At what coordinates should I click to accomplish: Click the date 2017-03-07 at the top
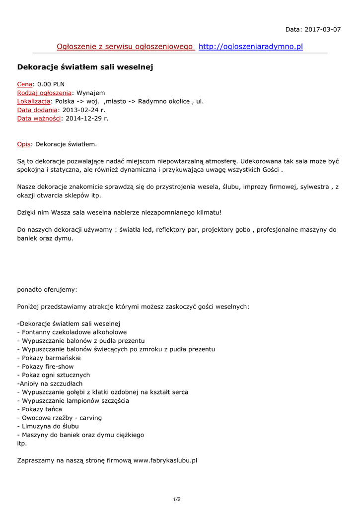[322, 29]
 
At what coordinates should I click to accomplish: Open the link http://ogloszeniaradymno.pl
[250, 47]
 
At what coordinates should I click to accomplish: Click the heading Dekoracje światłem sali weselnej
[85, 67]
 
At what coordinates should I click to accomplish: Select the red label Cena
[25, 84]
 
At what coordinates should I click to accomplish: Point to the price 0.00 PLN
[51, 84]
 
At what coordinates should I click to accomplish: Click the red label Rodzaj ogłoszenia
[44, 93]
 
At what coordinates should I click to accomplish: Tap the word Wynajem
[90, 93]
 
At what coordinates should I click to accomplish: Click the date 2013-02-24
[80, 110]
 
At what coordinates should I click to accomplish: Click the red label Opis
[24, 144]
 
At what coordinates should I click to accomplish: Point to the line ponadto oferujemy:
[47, 290]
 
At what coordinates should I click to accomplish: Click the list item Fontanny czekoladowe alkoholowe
[74, 332]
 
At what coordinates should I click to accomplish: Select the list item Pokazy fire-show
[48, 366]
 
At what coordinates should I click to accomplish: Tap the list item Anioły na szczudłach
[50, 383]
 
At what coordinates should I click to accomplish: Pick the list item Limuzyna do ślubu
[50, 426]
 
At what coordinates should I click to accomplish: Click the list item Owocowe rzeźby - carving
[62, 418]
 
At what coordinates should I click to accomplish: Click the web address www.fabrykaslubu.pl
[165, 460]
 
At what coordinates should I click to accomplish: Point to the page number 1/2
[177, 499]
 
